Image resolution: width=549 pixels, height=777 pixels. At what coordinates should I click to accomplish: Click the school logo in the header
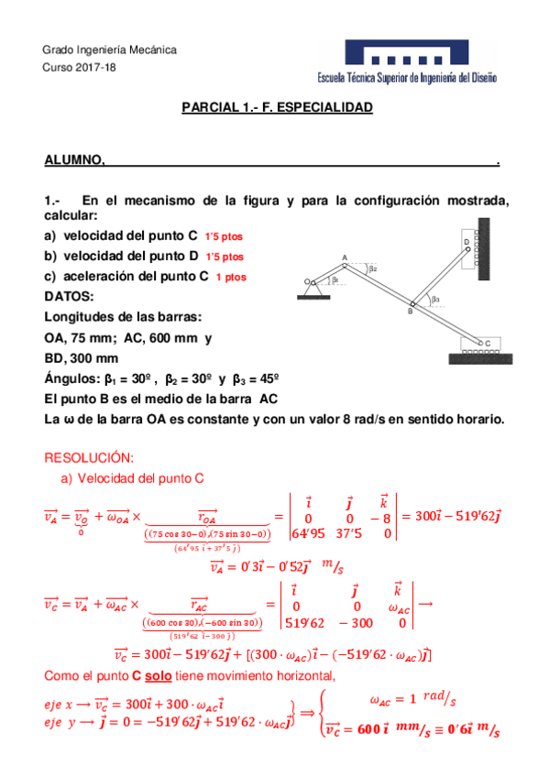pos(419,62)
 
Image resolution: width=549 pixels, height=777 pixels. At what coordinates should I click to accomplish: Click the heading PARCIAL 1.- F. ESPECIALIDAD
pos(278,108)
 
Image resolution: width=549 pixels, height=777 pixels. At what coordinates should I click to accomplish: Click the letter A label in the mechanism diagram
pos(345,257)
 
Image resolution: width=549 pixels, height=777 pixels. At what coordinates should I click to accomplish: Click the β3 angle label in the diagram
pos(435,299)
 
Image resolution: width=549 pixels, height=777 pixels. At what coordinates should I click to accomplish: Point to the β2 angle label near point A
pos(372,269)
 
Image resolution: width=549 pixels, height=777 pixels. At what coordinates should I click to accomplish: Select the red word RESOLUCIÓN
pos(89,457)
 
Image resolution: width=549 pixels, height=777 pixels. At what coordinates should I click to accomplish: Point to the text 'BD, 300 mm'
pos(81,357)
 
